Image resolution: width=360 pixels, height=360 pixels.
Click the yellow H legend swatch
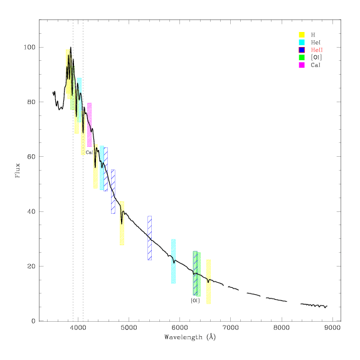[302, 34]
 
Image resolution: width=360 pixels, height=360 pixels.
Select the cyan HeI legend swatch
[302, 42]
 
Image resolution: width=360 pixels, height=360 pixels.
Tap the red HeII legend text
[317, 50]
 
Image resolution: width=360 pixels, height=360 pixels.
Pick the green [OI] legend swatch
[302, 58]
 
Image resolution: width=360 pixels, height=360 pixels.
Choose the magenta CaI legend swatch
[302, 65]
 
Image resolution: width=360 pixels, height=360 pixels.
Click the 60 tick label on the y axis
[31, 157]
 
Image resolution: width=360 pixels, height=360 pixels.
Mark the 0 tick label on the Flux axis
[33, 321]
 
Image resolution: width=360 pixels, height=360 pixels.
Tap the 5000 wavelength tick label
[129, 327]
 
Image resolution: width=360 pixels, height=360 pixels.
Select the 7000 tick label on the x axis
[231, 327]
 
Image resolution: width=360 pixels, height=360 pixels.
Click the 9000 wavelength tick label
[332, 327]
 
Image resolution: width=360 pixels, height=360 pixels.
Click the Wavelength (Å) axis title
[190, 337]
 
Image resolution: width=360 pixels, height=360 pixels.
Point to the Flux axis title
[18, 171]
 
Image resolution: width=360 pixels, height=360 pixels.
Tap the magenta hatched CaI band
[89, 125]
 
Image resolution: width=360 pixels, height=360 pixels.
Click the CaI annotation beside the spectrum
[89, 152]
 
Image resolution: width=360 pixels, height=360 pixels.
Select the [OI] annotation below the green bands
[196, 300]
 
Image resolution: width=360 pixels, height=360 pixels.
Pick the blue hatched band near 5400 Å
[149, 238]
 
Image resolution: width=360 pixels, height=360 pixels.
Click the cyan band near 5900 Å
[173, 262]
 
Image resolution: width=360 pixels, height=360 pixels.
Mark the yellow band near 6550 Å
[208, 282]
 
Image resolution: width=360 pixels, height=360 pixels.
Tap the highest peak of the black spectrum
[71, 48]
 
